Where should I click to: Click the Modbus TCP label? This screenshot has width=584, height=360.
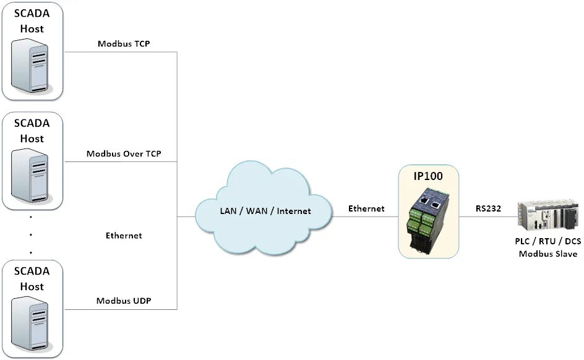(124, 44)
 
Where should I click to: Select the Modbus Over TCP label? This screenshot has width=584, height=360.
(124, 154)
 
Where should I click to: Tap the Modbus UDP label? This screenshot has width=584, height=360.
(124, 301)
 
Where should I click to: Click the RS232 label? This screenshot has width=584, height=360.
(488, 208)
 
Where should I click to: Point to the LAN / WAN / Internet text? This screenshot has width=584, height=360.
(265, 211)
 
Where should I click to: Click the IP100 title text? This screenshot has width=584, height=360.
(428, 176)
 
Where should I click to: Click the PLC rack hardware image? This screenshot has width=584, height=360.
(548, 216)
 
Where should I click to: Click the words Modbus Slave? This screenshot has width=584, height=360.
(548, 254)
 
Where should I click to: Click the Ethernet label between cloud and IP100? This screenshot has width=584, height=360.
(366, 208)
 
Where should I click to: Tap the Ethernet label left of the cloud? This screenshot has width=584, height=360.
(124, 236)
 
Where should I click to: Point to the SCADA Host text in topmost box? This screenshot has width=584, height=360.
(32, 20)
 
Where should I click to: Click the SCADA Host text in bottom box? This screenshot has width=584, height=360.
(32, 279)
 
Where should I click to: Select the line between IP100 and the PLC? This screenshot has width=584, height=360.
(489, 217)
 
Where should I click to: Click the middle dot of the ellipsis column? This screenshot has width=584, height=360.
(31, 236)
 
